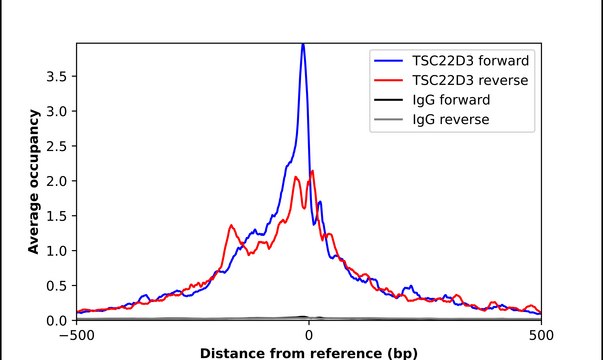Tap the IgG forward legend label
click(450, 100)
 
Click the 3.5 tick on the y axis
click(59, 76)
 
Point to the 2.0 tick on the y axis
click(59, 181)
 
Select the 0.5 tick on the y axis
click(59, 286)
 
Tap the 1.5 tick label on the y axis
click(59, 216)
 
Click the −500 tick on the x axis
click(77, 334)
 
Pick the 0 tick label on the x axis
click(309, 334)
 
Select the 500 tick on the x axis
click(541, 334)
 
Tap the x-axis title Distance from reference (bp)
click(309, 353)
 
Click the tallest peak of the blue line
click(303, 44)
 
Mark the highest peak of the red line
click(313, 171)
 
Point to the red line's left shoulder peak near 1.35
click(231, 225)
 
